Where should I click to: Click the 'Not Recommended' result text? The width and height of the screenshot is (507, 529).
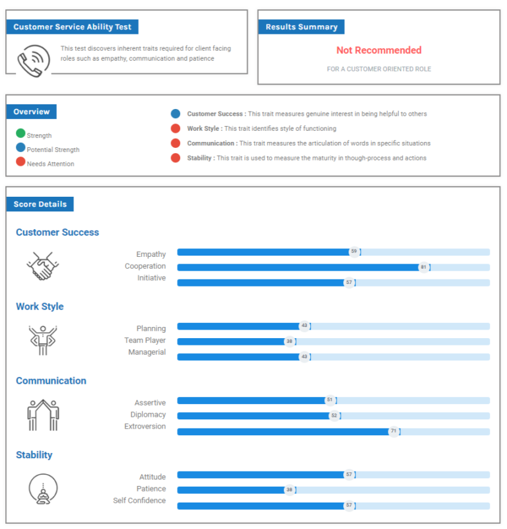coord(378,50)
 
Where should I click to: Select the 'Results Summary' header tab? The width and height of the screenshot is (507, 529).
coord(301,27)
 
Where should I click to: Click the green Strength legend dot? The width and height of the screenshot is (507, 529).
coord(20,135)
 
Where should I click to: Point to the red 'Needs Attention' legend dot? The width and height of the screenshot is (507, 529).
coord(20,162)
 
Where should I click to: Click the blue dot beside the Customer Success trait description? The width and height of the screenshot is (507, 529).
coord(175,114)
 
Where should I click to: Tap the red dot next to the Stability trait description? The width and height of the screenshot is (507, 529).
coord(175,158)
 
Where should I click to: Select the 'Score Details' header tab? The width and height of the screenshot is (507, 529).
coord(40,204)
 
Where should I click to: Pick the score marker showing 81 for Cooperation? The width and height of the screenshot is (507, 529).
coord(423,267)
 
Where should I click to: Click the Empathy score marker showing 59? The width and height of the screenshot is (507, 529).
coord(354,252)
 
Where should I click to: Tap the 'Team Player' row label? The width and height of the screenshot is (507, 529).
coord(145,341)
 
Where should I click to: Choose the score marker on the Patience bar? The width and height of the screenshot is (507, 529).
coord(289,490)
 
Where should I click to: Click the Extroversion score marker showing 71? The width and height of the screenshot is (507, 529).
coord(393,431)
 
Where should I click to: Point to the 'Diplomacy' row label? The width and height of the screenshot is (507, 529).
coord(148,415)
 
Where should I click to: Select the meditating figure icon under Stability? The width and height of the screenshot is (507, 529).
coord(43,489)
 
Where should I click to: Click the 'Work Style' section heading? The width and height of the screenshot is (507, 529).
coord(40,306)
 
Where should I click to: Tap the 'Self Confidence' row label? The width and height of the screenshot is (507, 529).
coord(139,501)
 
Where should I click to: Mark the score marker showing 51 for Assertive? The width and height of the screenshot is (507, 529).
coord(329,400)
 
